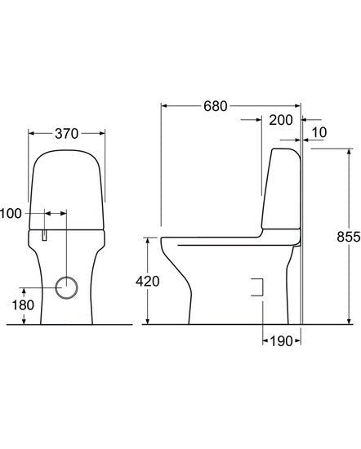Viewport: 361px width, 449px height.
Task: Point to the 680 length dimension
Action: (213, 106)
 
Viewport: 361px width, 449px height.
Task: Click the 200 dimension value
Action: (280, 120)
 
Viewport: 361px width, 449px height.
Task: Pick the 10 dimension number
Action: (320, 132)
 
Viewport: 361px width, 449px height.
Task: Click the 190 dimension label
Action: (280, 340)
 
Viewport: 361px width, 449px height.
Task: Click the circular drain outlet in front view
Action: (69, 287)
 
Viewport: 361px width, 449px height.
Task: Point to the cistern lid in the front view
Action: (69, 184)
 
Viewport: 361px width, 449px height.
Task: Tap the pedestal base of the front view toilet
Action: (69, 314)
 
